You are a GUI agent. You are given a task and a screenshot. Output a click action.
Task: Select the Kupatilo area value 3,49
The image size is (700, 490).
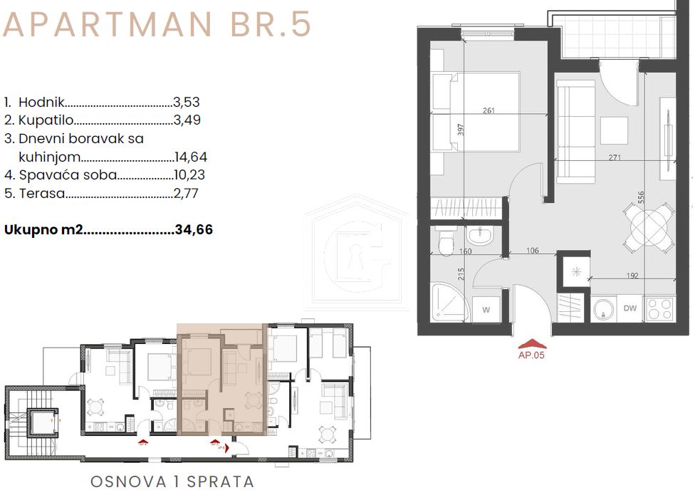187,120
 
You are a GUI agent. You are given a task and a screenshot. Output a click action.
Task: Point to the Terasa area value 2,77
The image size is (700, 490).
187,193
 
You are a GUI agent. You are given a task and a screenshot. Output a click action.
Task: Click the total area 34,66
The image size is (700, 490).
194,230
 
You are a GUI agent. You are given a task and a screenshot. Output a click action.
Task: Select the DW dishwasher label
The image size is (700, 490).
630,308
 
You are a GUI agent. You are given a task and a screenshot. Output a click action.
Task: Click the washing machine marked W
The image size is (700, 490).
486,309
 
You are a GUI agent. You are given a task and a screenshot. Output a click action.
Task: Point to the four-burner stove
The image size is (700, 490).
660,308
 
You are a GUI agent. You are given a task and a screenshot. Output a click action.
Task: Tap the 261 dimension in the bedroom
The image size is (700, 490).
489,110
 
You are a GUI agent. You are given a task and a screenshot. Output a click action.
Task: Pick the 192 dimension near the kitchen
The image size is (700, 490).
631,276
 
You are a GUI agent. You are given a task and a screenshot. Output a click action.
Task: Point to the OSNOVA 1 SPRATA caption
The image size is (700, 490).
172,481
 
